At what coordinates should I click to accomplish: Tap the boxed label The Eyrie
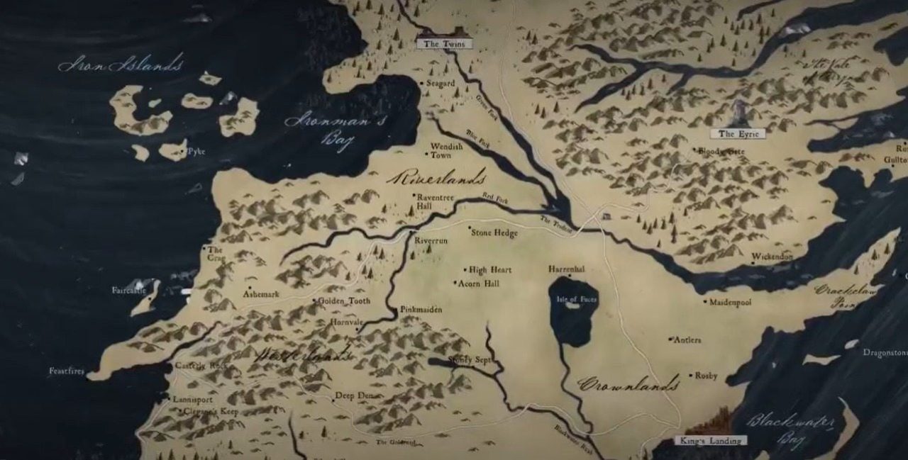pos(738,134)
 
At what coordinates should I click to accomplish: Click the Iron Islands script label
pos(121,65)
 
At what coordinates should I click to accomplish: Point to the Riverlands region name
pos(436,177)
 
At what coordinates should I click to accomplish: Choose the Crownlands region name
pos(629,385)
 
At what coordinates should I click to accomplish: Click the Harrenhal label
pos(567,269)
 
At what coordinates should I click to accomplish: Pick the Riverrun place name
pos(431,241)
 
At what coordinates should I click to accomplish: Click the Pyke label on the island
pos(196,152)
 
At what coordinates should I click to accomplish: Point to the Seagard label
pos(441,84)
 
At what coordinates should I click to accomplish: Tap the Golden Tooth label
pos(343,301)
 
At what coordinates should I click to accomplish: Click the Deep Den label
pos(355,396)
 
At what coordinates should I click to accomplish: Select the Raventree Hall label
pos(434,201)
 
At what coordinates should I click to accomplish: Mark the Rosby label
pos(706,376)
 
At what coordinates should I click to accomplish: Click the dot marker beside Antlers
pos(670,340)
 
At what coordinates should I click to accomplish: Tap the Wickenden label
pos(773,256)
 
